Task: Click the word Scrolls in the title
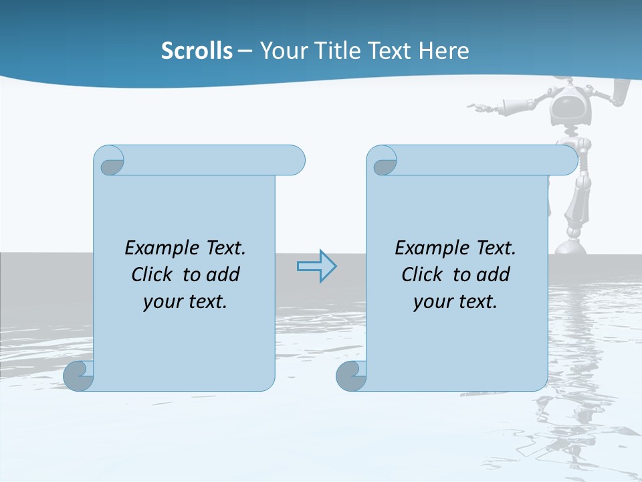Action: (197, 51)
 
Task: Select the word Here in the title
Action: (444, 51)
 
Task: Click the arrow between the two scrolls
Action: (316, 266)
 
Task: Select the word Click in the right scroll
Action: (422, 274)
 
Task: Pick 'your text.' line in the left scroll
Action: (185, 302)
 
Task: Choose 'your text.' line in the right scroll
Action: (455, 302)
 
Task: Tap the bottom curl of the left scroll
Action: (78, 375)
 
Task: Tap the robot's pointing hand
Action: (476, 106)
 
